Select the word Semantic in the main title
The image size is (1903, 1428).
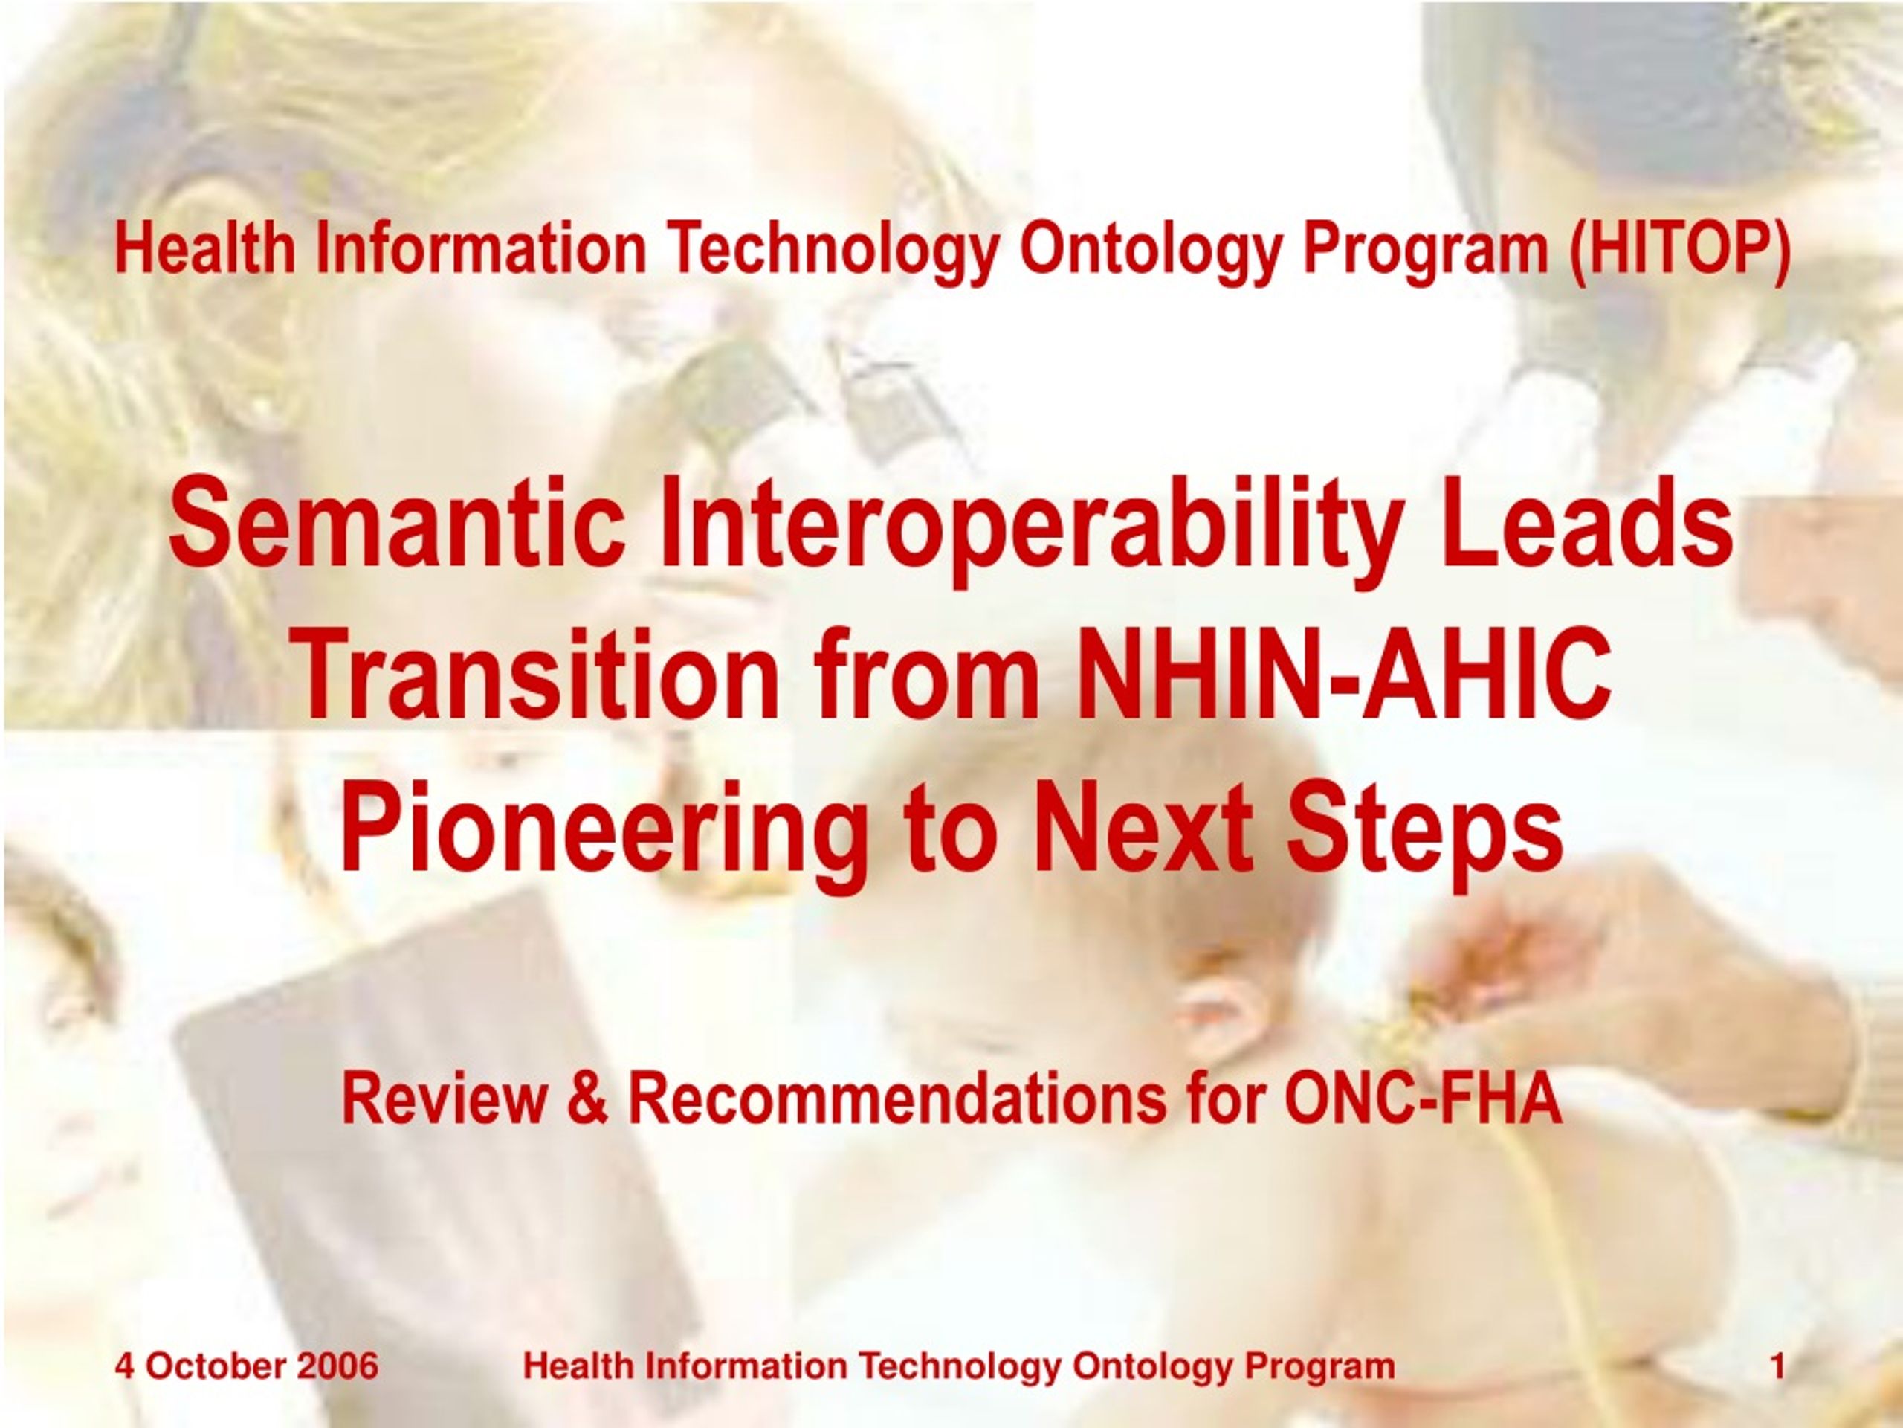tap(398, 524)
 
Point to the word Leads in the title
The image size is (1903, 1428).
tap(1586, 524)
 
